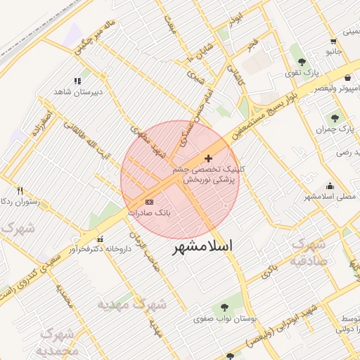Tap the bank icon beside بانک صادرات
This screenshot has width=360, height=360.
pyautogui.click(x=148, y=202)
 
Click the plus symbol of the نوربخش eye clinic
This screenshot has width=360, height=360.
pyautogui.click(x=208, y=158)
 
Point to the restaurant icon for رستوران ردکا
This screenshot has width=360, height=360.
pyautogui.click(x=20, y=191)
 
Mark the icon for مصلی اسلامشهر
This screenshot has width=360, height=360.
pyautogui.click(x=330, y=186)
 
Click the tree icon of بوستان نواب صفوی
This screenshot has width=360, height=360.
pyautogui.click(x=224, y=307)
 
